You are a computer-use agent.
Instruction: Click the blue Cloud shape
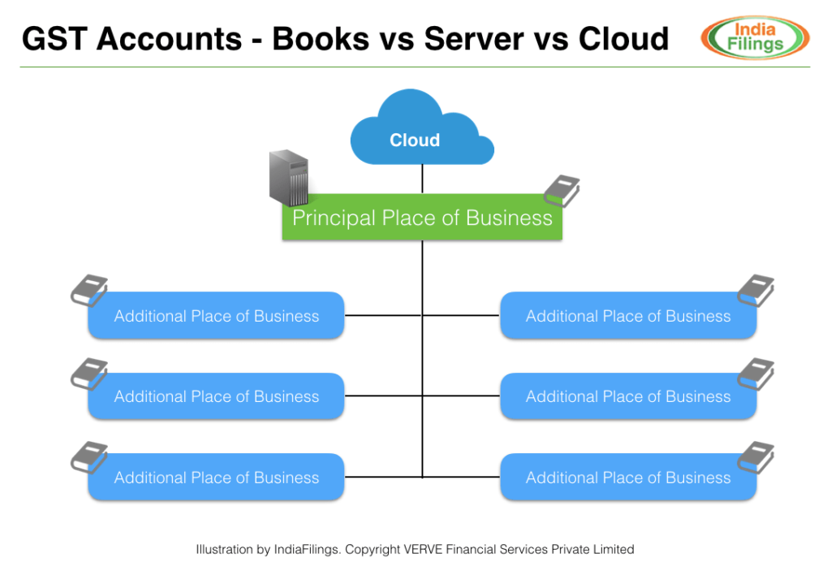422,130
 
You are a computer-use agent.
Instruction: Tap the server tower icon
290,178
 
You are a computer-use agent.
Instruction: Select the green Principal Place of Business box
422,218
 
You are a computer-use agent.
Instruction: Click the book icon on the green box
561,192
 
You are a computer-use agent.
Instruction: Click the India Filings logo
755,38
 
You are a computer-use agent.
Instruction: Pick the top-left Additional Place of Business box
216,316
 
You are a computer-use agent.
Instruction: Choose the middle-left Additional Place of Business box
216,396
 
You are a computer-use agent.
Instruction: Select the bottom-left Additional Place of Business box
216,478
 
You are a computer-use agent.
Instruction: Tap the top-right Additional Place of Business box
628,316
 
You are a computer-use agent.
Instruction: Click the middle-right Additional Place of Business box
628,396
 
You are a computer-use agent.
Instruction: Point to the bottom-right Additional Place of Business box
628,478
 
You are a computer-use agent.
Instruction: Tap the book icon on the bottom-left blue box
89,457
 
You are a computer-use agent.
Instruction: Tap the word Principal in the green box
334,218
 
